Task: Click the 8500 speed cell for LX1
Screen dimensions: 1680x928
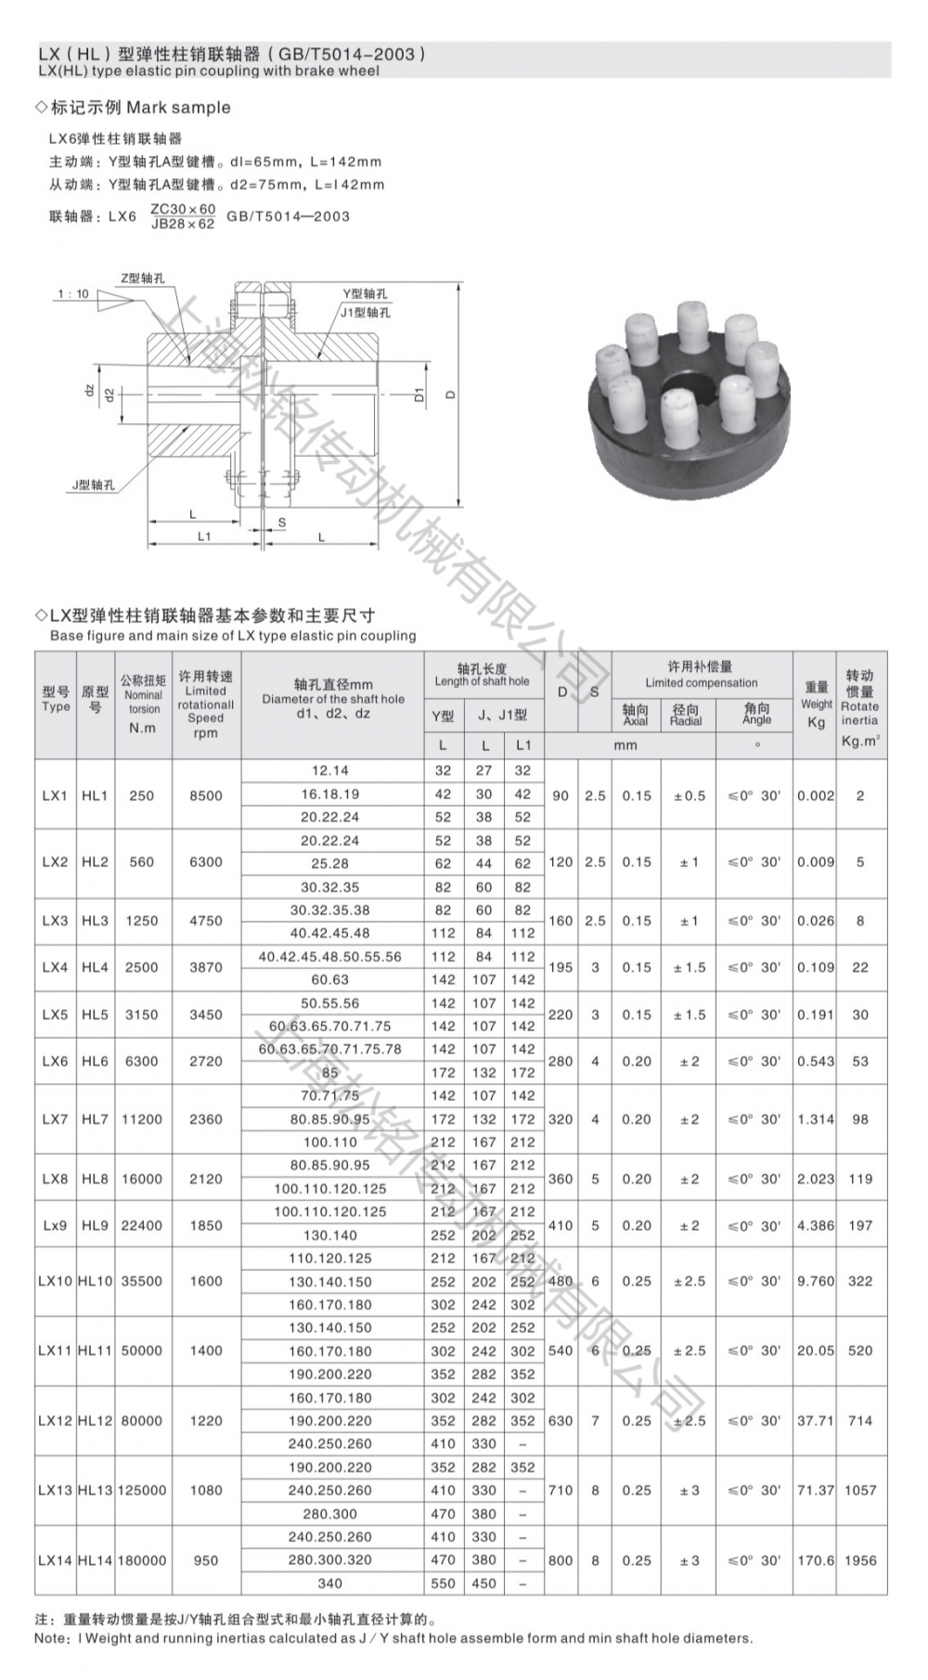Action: pos(205,795)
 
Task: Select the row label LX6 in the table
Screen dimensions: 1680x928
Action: pos(55,1061)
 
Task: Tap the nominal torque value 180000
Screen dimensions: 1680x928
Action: pos(142,1560)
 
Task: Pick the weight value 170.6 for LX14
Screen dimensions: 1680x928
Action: pos(815,1560)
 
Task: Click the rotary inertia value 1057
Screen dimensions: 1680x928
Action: pos(859,1490)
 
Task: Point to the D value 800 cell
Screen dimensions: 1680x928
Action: pos(560,1560)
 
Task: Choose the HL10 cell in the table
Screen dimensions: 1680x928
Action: pos(95,1281)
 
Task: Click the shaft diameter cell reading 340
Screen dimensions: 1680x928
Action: pos(329,1583)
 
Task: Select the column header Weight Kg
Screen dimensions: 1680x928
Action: pos(816,704)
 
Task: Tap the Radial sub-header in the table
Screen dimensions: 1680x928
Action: pos(686,715)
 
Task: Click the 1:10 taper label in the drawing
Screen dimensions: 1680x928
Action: pos(73,294)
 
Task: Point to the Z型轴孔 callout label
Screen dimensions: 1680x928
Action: pos(142,278)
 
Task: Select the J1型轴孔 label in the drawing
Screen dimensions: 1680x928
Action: pos(365,313)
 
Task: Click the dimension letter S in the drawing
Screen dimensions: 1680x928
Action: pos(282,523)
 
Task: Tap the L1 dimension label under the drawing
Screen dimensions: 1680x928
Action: pos(203,536)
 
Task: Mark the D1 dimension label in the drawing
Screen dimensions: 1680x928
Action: pos(419,394)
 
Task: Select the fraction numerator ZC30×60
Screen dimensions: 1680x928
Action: pos(183,209)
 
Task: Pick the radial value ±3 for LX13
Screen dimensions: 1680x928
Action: pos(688,1490)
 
